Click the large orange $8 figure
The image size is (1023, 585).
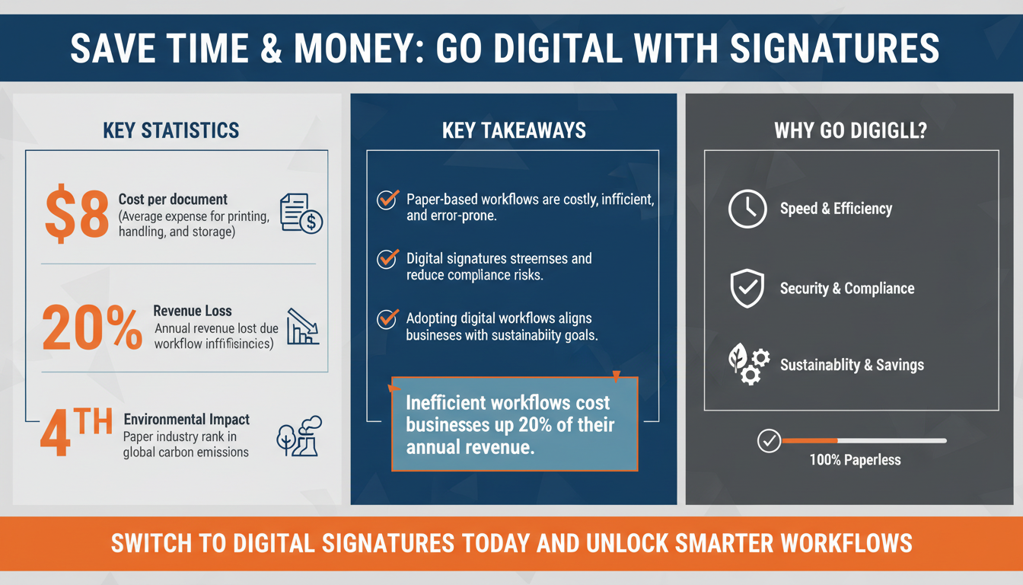[x=76, y=214]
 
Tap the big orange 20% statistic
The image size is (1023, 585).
[x=92, y=328]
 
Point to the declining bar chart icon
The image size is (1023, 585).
[x=302, y=327]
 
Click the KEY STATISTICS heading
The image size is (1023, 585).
[x=171, y=130]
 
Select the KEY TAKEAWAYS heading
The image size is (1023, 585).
[x=514, y=130]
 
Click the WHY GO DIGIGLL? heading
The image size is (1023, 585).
[x=850, y=130]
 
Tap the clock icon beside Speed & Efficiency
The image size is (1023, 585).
[x=747, y=209]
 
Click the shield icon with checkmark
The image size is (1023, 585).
[x=747, y=289]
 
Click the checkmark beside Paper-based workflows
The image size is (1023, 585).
[x=388, y=200]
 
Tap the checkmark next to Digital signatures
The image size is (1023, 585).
[x=388, y=259]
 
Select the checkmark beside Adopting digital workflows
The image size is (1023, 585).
[x=388, y=318]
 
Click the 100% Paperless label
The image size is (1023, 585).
[x=856, y=460]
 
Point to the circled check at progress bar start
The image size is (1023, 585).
[x=770, y=441]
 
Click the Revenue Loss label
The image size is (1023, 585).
[x=192, y=311]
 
